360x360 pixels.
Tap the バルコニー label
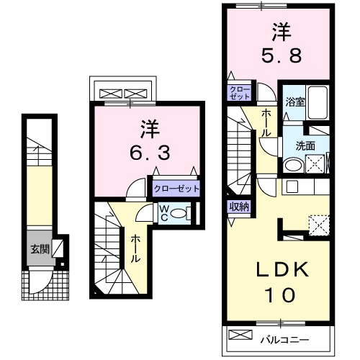(x=295, y=337)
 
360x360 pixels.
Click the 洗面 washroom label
(x=305, y=144)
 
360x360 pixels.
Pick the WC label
(x=164, y=213)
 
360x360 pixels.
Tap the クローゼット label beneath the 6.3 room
(x=176, y=189)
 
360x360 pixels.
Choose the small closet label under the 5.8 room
(x=239, y=93)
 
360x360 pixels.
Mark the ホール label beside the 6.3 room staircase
(x=135, y=249)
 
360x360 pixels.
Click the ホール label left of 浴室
(x=266, y=122)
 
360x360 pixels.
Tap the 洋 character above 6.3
(x=149, y=127)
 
